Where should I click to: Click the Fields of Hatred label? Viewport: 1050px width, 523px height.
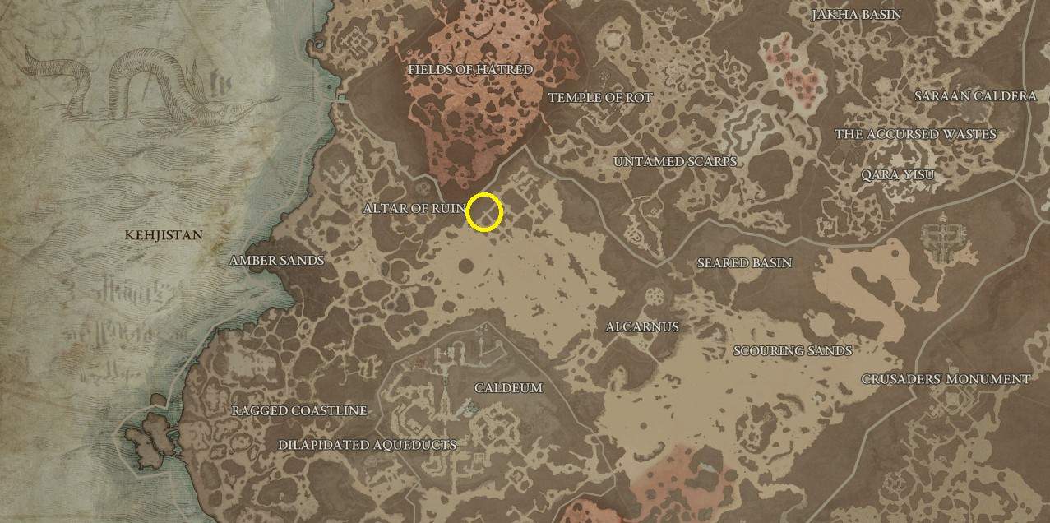(x=469, y=70)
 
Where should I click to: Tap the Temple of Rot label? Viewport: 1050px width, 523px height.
(x=599, y=98)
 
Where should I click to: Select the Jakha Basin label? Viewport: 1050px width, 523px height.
(x=856, y=15)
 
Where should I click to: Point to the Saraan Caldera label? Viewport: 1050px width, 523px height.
(x=975, y=96)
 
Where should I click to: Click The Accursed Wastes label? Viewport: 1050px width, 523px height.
(x=915, y=134)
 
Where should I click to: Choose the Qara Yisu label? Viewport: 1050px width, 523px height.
(x=897, y=175)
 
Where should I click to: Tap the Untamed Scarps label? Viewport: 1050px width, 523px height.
(x=674, y=162)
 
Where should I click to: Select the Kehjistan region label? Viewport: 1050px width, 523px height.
(x=164, y=235)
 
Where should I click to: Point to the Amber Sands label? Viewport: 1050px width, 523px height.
(x=276, y=261)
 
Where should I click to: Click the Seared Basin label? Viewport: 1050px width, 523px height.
(x=744, y=263)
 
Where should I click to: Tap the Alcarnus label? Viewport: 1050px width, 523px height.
(x=642, y=327)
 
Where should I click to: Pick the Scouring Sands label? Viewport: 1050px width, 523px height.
(x=792, y=351)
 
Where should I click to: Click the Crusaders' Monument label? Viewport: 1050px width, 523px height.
(x=946, y=379)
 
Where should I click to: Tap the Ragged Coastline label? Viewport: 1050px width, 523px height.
(x=299, y=411)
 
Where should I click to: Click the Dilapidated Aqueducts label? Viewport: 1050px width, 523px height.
(x=367, y=445)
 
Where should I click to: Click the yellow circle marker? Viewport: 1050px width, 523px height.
(x=484, y=212)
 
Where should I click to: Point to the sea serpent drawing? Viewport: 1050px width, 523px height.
(x=123, y=82)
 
